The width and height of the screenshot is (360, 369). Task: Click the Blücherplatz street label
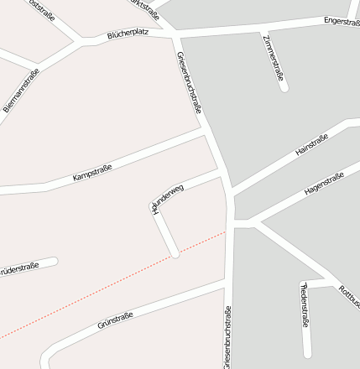pos(127,36)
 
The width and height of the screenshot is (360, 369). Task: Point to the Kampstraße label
pos(92,174)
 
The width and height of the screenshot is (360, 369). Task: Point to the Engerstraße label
pos(341,20)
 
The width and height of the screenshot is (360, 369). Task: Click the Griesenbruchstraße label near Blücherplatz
pos(190,82)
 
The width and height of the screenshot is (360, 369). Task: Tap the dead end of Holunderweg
pos(175,253)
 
